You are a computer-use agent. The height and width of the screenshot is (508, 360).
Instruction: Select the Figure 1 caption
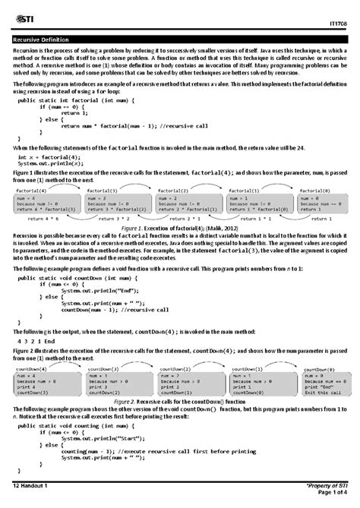[179, 227]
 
